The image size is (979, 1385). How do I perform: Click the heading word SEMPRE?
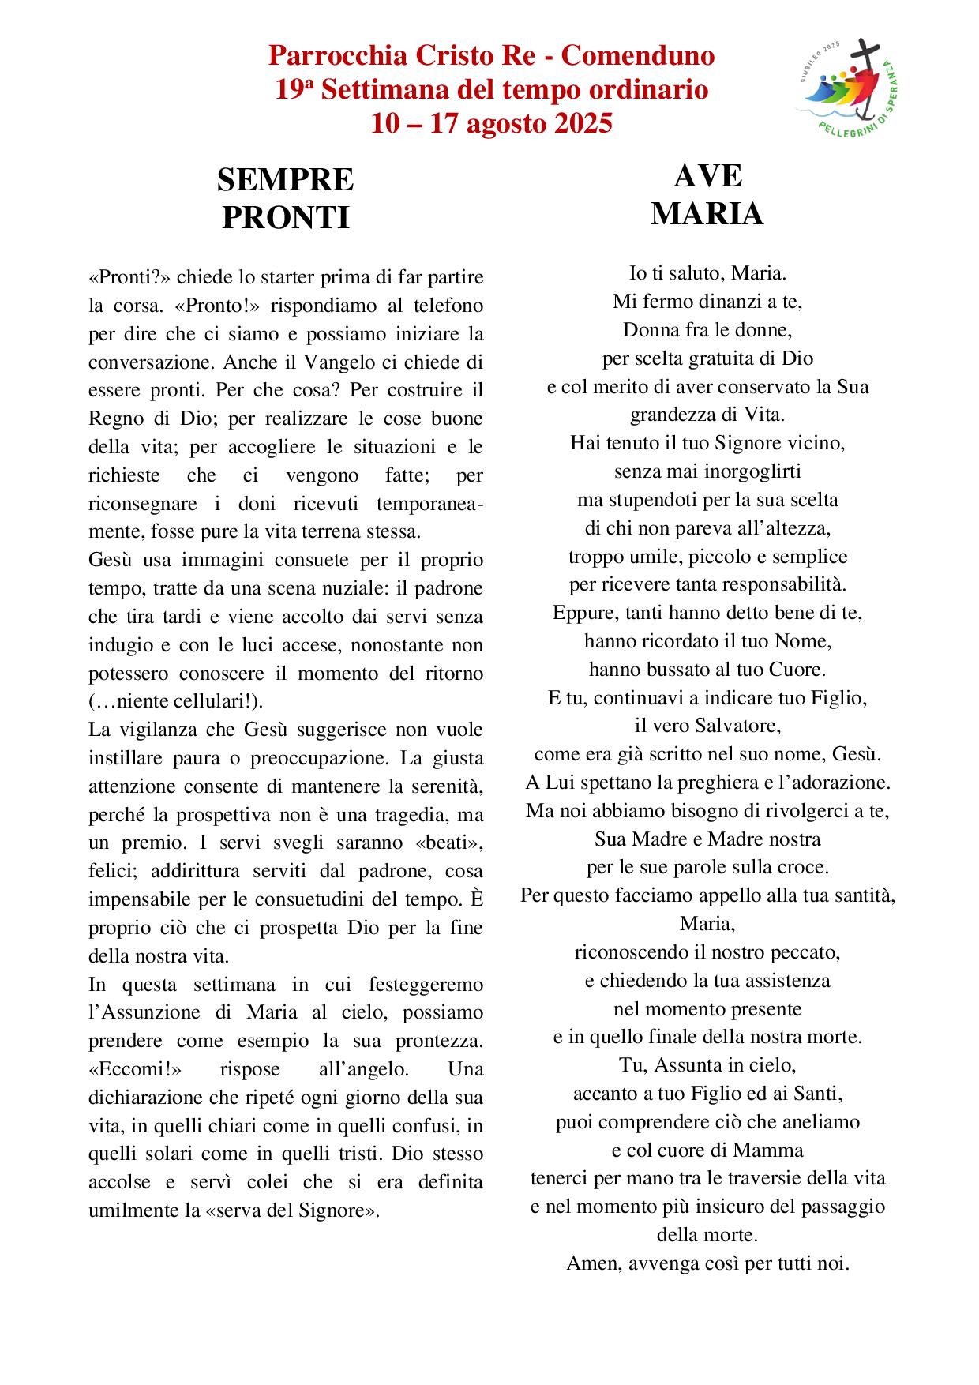(285, 181)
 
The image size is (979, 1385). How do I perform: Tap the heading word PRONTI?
(285, 217)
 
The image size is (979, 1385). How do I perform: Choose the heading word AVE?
(707, 176)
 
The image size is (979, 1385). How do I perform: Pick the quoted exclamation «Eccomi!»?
(135, 1069)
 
